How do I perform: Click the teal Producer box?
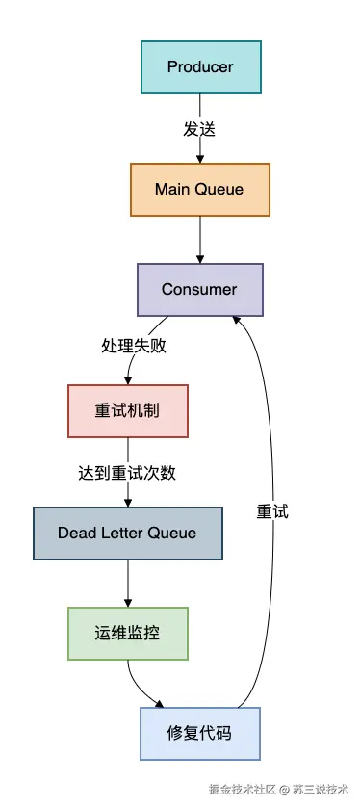(201, 66)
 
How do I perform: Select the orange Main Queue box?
(200, 190)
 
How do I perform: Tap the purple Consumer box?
(200, 290)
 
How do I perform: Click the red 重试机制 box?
(128, 410)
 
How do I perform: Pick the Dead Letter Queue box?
(128, 533)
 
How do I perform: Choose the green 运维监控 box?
(128, 633)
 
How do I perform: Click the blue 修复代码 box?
(200, 734)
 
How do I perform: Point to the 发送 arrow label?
(199, 130)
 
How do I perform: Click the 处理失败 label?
(134, 346)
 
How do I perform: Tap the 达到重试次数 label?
(127, 473)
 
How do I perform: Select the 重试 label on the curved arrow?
(272, 511)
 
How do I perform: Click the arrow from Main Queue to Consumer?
(200, 240)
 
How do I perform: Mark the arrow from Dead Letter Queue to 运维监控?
(128, 584)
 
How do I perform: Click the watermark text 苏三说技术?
(321, 789)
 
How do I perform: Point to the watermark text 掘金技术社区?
(243, 789)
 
